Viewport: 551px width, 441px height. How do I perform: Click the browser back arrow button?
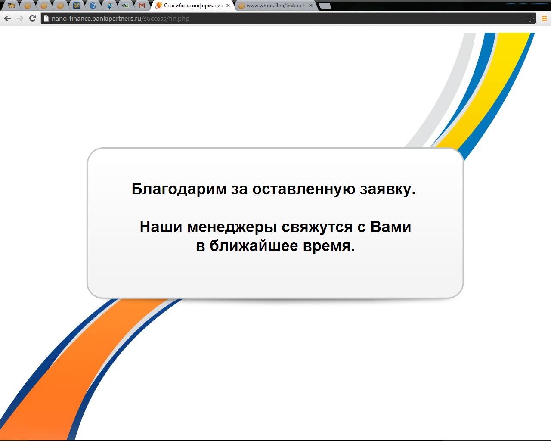coord(7,18)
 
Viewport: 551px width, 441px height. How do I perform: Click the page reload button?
coord(32,18)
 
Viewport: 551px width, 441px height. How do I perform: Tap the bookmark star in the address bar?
coord(530,19)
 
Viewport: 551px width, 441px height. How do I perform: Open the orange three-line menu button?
coord(545,18)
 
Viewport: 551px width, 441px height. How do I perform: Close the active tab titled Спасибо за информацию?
coord(228,5)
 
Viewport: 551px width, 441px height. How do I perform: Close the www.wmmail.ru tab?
coord(310,5)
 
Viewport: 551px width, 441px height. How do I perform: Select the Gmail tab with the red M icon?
coord(142,5)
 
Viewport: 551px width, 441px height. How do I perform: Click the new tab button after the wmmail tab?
coord(325,5)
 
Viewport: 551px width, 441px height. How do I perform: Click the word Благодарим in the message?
coord(179,189)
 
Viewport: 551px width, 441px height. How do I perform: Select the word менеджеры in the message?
coord(232,227)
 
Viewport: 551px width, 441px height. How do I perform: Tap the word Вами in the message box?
coord(391,227)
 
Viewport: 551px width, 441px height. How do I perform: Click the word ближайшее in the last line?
coord(254,246)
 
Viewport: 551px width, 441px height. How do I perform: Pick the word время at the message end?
coord(329,246)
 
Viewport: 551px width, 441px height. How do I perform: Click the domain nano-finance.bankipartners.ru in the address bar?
coord(96,19)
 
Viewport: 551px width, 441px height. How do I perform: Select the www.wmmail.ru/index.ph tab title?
coord(276,5)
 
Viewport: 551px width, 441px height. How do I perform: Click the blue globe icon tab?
coord(93,5)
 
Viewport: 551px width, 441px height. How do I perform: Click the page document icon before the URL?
coord(46,18)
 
